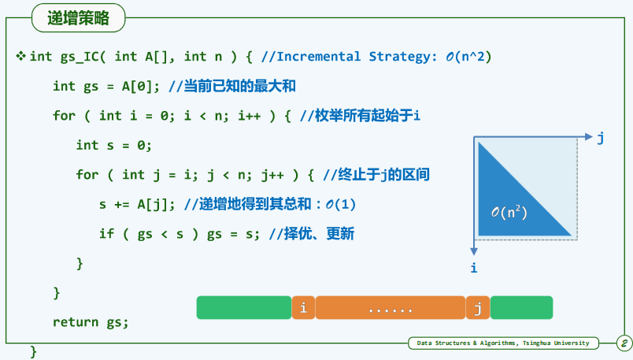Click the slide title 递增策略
(x=78, y=18)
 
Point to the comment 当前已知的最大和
(x=240, y=86)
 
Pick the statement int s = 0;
(x=114, y=145)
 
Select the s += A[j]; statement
(x=137, y=205)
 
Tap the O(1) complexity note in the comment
(x=340, y=205)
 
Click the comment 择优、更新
(x=319, y=233)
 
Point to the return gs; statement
(x=91, y=322)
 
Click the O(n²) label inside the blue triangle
(x=509, y=212)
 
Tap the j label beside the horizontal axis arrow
(x=601, y=138)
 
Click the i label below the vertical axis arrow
(x=474, y=268)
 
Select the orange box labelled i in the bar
(x=303, y=308)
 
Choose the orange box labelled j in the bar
(x=478, y=308)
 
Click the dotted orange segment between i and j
(x=391, y=308)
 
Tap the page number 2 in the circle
(x=624, y=343)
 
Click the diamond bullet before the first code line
(x=21, y=56)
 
